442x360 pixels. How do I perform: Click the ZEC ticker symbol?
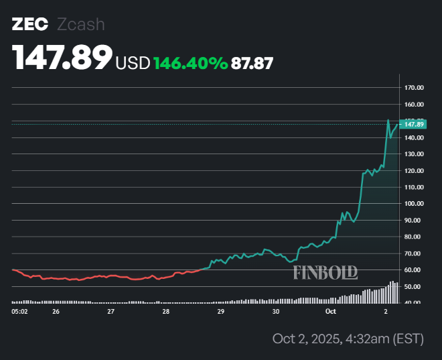tap(29, 25)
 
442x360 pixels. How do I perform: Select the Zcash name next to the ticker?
tap(81, 25)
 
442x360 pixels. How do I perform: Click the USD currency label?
tap(133, 63)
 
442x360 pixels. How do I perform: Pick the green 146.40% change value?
tap(190, 63)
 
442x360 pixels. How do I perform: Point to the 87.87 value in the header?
tap(252, 63)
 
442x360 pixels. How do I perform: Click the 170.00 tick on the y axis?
tap(413, 88)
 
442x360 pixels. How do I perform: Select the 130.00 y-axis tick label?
tap(413, 154)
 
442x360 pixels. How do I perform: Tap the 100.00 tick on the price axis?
tap(413, 204)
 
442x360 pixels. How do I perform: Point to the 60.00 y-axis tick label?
tap(413, 269)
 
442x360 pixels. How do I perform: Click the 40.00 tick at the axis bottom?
tap(413, 303)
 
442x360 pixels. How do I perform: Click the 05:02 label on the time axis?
tap(20, 312)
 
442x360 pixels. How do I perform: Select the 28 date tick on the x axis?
tap(165, 312)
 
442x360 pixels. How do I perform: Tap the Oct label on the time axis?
tap(331, 312)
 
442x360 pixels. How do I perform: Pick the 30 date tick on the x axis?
tap(276, 312)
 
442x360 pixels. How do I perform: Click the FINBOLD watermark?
tap(325, 272)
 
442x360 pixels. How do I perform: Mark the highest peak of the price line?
tap(388, 121)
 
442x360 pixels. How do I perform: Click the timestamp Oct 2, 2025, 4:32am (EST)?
tap(348, 339)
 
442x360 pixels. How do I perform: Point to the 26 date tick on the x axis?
tap(56, 312)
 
